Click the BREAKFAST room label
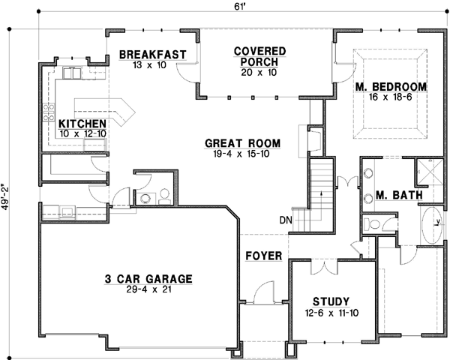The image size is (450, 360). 152,54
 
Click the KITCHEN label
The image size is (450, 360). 82,123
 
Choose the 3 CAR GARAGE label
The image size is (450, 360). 148,279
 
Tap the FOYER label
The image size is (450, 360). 264,256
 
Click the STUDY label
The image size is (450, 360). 331,301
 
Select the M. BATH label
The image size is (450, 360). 398,195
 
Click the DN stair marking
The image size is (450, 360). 286,220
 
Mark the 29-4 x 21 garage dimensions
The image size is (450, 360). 148,290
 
